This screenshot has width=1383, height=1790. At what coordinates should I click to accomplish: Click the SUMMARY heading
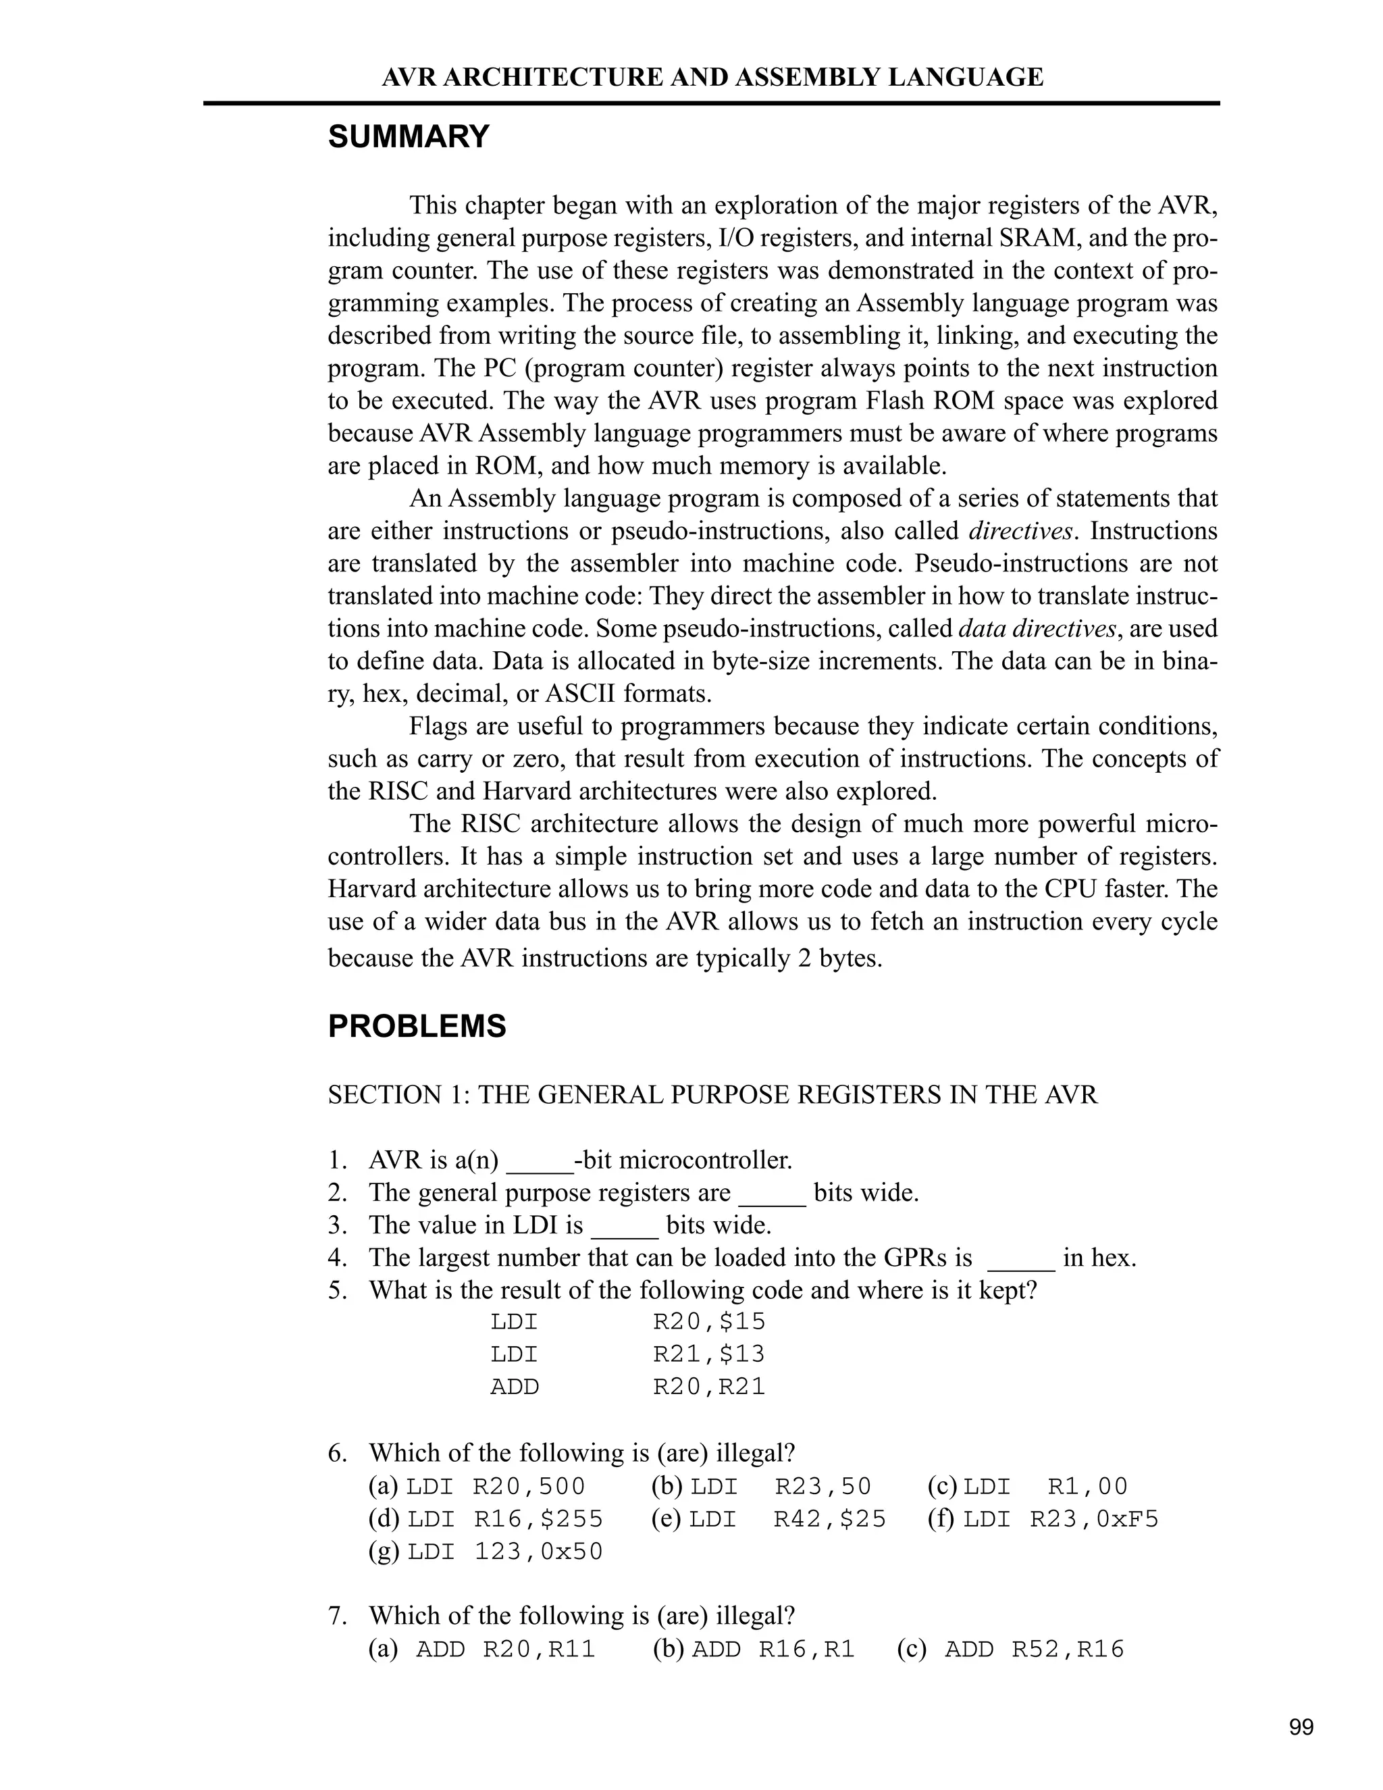click(409, 137)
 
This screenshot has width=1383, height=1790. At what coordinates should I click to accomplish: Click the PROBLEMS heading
click(417, 1026)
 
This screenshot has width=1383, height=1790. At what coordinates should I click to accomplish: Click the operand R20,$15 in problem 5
click(708, 1321)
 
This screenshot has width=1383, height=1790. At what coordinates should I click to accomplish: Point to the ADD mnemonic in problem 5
click(515, 1387)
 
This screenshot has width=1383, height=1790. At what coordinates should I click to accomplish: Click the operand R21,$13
click(708, 1354)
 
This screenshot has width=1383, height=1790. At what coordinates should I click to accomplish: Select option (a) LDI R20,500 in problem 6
click(477, 1486)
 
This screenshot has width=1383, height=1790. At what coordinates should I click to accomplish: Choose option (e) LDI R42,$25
click(768, 1518)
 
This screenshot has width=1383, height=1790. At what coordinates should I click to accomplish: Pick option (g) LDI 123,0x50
click(486, 1552)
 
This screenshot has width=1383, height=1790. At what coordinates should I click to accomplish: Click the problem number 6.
click(338, 1453)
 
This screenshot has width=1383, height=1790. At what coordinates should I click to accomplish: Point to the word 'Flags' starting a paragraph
click(442, 727)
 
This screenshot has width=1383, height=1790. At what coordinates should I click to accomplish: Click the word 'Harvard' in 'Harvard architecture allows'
click(372, 890)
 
